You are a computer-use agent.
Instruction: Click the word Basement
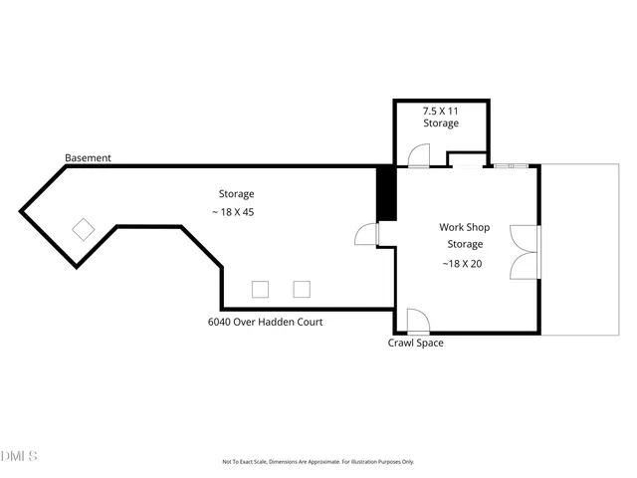pyautogui.click(x=88, y=158)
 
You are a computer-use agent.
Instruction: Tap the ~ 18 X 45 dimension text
pyautogui.click(x=237, y=212)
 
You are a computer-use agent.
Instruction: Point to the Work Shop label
pyautogui.click(x=465, y=227)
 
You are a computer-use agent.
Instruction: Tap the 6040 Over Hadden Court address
pyautogui.click(x=265, y=322)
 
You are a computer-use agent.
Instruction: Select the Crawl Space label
pyautogui.click(x=415, y=344)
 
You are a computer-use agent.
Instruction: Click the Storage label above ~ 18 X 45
pyautogui.click(x=237, y=193)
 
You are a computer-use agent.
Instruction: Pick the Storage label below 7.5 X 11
pyautogui.click(x=441, y=123)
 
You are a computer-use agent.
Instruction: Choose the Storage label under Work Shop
pyautogui.click(x=465, y=244)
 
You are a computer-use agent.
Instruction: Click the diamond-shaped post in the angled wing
pyautogui.click(x=84, y=229)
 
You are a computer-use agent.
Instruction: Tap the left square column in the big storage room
pyautogui.click(x=260, y=289)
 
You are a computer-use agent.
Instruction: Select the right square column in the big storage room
pyautogui.click(x=302, y=289)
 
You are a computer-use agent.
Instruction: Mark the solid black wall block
pyautogui.click(x=386, y=193)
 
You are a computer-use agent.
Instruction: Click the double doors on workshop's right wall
pyautogui.click(x=524, y=253)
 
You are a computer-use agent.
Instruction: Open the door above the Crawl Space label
pyautogui.click(x=417, y=322)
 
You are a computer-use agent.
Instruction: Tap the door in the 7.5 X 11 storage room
pyautogui.click(x=417, y=154)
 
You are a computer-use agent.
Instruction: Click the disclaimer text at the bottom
pyautogui.click(x=318, y=462)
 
